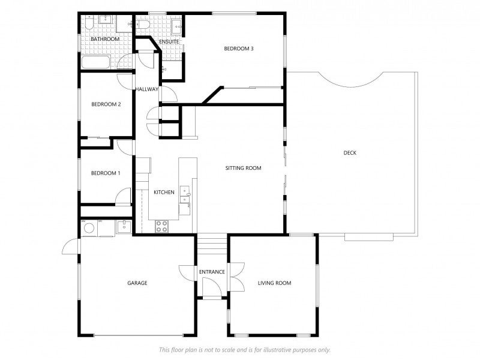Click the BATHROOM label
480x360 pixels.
(105, 39)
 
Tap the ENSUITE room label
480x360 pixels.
(169, 41)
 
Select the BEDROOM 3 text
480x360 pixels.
(239, 49)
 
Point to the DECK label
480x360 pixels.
(350, 153)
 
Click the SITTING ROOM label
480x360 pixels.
(244, 168)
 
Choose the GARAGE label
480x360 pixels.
(137, 283)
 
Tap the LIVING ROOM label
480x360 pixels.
(274, 283)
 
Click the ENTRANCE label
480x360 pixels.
(212, 272)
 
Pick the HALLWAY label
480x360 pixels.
(147, 89)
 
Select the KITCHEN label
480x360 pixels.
(164, 192)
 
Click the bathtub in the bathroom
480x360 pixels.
(96, 62)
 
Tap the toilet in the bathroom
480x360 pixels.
(89, 22)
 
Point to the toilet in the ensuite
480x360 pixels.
(142, 24)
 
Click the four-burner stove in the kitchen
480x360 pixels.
(161, 227)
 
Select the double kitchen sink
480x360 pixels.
(185, 194)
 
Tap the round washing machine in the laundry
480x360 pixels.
(89, 229)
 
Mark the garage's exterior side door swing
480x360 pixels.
(71, 247)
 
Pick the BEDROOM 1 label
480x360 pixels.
(106, 173)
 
